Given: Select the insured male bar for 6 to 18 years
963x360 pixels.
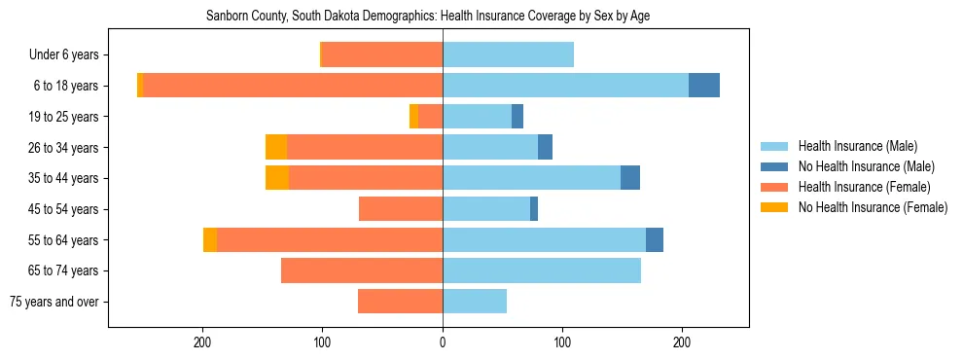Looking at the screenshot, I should [565, 86].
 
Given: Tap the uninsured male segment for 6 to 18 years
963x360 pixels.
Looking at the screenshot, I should [704, 86].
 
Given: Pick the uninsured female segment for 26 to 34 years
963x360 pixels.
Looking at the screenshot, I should [276, 147].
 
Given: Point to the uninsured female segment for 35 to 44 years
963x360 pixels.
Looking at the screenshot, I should [277, 178].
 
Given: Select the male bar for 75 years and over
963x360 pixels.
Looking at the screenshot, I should [475, 302].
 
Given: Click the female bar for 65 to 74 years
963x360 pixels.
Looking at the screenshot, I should [362, 270].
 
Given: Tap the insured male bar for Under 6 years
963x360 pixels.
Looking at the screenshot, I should [508, 54].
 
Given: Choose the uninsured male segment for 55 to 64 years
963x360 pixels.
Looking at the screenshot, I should [655, 239].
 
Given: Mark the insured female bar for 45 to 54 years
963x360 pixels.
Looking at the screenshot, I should [401, 209].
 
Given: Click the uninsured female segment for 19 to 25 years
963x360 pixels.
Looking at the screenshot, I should [413, 117].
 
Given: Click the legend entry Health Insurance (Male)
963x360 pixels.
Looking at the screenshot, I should [857, 146].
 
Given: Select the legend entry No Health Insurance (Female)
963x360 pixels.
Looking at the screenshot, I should [872, 207].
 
